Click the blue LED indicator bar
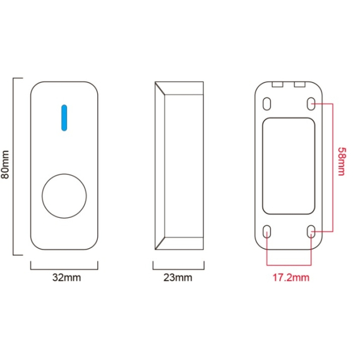coord(64,118)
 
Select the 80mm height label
coord(5,164)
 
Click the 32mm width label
coord(66,277)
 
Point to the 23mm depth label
coord(177,277)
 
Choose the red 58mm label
coord(342,162)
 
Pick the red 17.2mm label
coord(291,277)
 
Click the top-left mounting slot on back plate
coord(267,104)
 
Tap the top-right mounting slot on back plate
coord(311,104)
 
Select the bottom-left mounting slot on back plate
coord(267,232)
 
